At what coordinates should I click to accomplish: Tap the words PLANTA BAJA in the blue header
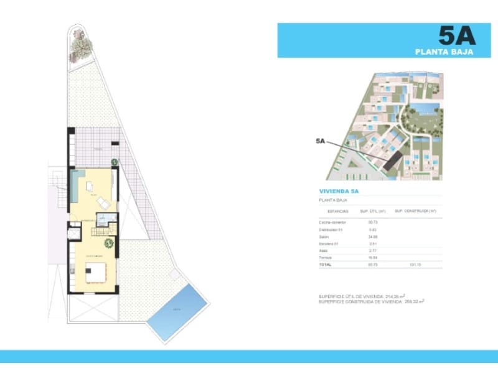tap(444, 52)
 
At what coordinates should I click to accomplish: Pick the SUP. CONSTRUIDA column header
tap(416, 211)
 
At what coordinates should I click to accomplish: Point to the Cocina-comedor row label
tap(332, 222)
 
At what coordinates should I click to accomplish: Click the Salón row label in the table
tap(324, 237)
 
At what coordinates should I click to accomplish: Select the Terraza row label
tap(326, 257)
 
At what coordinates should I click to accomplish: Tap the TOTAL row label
tap(325, 264)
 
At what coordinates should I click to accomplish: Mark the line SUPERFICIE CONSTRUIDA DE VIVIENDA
tap(361, 302)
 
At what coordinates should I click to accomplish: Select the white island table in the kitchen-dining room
tap(96, 271)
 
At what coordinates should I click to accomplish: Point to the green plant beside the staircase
tap(109, 243)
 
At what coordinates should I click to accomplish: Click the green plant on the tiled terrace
tap(115, 162)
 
